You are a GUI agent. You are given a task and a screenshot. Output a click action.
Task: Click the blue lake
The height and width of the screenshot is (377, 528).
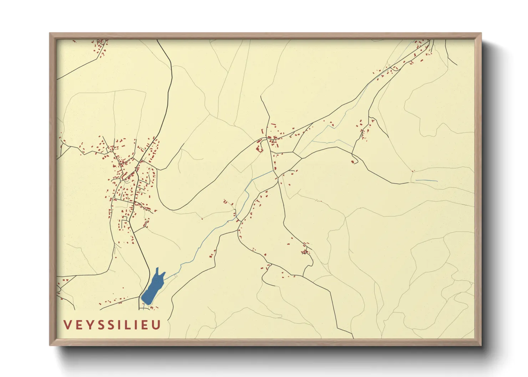click(151, 289)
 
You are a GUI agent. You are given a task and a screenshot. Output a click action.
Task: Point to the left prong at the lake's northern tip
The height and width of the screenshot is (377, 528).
click(157, 270)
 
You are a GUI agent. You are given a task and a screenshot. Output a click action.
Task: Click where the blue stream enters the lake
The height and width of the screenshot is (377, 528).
click(165, 278)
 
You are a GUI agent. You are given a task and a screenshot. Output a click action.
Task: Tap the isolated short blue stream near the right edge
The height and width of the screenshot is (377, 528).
click(426, 181)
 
